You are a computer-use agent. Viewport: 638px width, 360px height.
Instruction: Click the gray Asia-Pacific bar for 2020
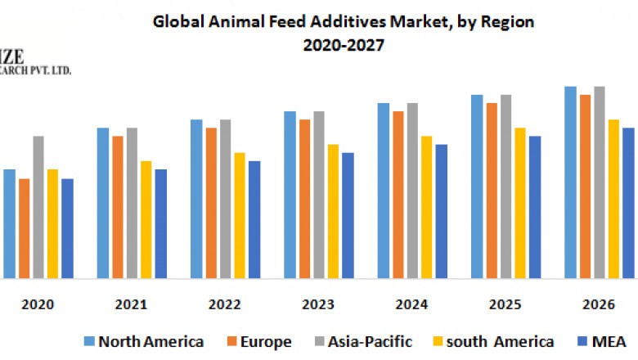(x=38, y=207)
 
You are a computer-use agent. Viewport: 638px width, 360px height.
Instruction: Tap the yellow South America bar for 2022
(x=240, y=215)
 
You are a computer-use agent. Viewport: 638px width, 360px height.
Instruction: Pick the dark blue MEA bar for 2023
(x=348, y=215)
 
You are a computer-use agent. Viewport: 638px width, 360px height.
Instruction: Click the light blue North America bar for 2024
(x=383, y=191)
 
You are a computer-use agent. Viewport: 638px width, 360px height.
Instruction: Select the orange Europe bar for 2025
(x=492, y=191)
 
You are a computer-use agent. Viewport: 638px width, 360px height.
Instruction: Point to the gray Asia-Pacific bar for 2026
(x=600, y=182)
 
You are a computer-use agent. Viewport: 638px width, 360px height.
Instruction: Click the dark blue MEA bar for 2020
(x=67, y=228)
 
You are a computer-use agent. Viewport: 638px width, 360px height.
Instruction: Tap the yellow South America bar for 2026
(x=613, y=199)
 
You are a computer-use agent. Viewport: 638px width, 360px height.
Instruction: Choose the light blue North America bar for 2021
(x=103, y=203)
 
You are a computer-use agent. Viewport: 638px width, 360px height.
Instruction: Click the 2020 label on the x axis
(x=38, y=304)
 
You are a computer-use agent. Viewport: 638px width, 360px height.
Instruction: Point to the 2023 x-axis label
(x=317, y=304)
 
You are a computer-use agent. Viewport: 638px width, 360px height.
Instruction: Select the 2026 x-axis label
(x=598, y=304)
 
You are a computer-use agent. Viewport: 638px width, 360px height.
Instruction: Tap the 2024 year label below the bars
(x=411, y=304)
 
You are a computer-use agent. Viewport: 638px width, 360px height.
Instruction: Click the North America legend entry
(x=143, y=341)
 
